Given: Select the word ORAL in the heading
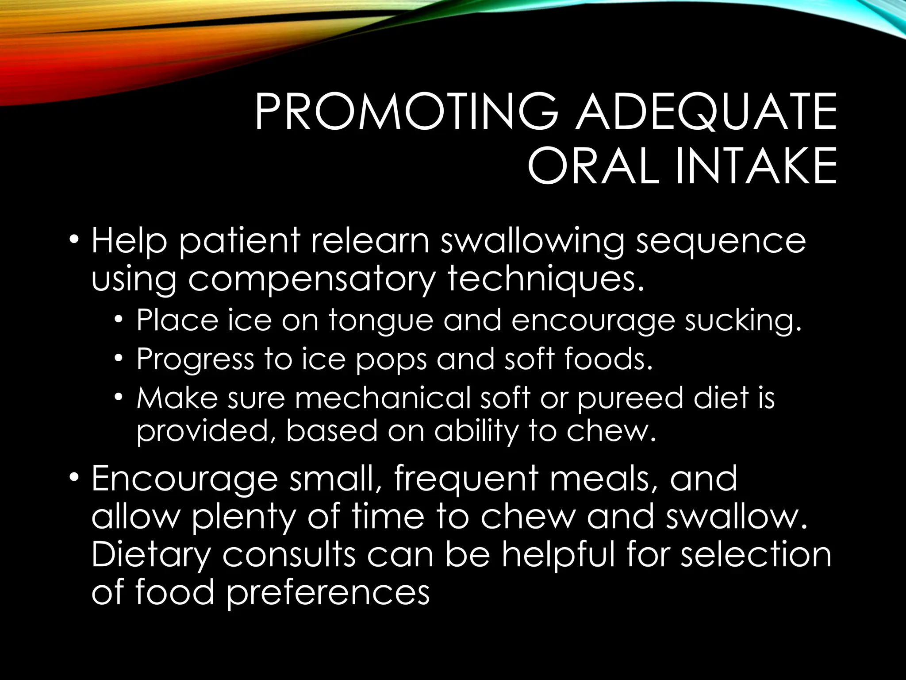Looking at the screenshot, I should point(593,166).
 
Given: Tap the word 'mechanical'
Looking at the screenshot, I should point(383,398).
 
